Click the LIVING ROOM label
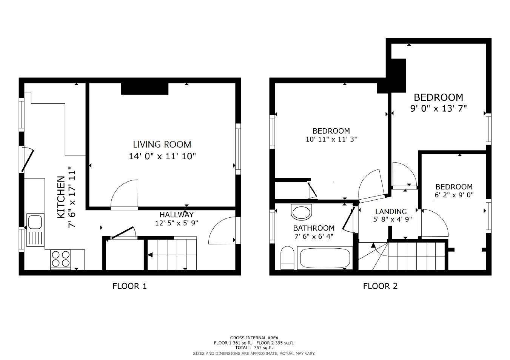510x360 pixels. click(162, 145)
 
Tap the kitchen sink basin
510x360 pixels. click(35, 222)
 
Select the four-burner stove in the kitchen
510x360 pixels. click(61, 259)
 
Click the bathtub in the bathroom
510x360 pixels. click(325, 258)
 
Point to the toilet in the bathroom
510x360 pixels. click(287, 258)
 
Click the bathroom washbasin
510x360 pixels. click(302, 212)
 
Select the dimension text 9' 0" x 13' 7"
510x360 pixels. click(438, 109)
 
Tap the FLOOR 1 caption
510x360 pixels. click(129, 286)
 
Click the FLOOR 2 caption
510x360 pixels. click(380, 286)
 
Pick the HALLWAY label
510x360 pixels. click(176, 215)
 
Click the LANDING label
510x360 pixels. click(391, 212)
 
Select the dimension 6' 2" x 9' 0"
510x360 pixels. click(454, 195)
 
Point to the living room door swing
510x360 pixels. click(125, 194)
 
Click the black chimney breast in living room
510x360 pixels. click(145, 89)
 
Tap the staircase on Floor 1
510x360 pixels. click(172, 255)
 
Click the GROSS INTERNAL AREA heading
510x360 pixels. click(254, 338)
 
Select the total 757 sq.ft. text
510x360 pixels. click(254, 348)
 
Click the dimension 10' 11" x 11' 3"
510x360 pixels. click(331, 139)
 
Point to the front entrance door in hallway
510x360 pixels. click(223, 230)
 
